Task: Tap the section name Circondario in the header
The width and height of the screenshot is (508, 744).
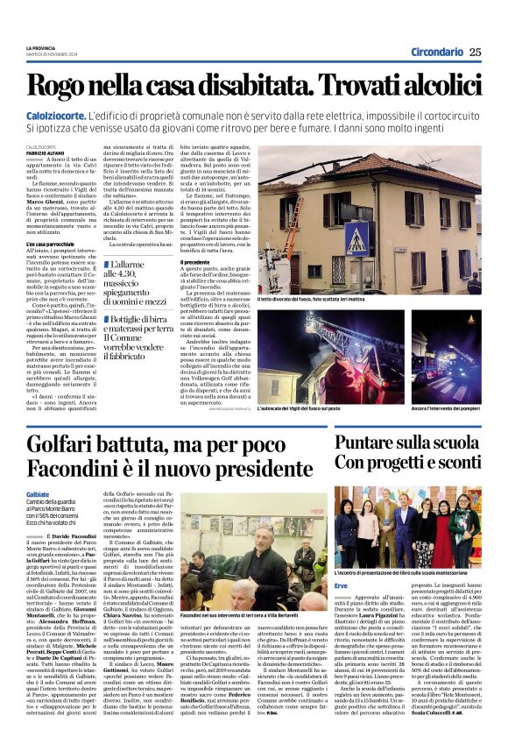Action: pos(437,52)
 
